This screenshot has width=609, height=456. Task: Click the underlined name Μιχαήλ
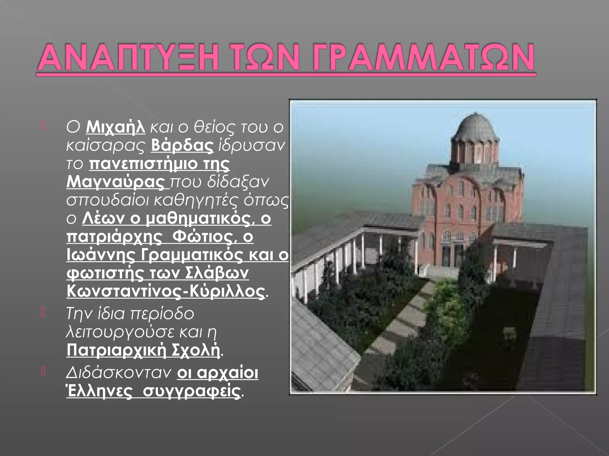(115, 127)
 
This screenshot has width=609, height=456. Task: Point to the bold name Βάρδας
(182, 145)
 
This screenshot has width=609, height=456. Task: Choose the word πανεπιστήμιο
(143, 164)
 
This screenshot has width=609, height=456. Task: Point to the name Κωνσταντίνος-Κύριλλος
(165, 292)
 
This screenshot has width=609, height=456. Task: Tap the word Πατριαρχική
(116, 350)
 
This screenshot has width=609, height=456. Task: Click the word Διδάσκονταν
(119, 373)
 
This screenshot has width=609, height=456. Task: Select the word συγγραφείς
(191, 391)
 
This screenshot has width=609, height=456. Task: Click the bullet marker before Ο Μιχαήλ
(43, 126)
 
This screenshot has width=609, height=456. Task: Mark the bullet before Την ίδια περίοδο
(43, 312)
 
